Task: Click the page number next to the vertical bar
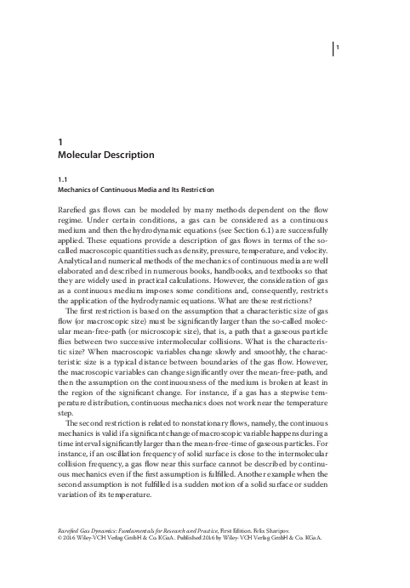click(338, 47)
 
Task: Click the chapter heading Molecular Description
click(105, 155)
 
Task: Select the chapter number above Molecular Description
click(60, 142)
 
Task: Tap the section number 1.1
click(61, 181)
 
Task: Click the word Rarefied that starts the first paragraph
click(72, 211)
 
